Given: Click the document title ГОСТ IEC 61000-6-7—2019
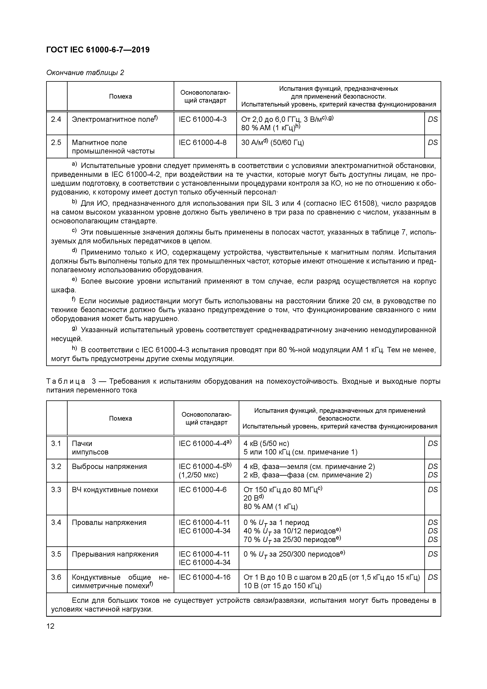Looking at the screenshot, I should click(98, 50).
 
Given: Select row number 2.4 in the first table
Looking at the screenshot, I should click(56, 119).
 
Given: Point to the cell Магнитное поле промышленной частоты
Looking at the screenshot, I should click(113, 147).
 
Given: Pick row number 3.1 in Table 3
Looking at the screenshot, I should click(56, 444).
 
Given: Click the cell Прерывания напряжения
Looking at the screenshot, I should click(115, 554).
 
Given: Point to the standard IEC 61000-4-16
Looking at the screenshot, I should click(205, 577).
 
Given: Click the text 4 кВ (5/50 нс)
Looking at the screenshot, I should click(266, 444).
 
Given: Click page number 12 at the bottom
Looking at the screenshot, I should click(50, 626).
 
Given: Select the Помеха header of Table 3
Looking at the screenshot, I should click(120, 418).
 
